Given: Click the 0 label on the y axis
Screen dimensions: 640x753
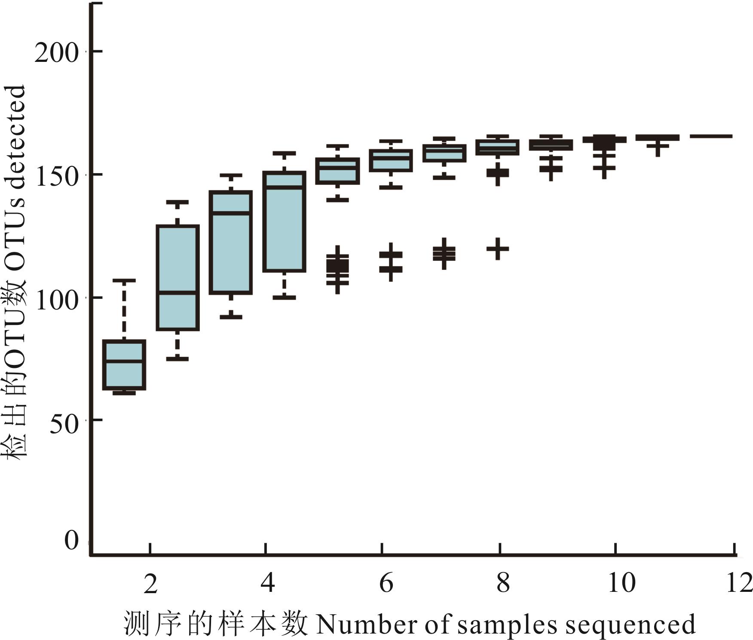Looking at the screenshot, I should tap(71, 540).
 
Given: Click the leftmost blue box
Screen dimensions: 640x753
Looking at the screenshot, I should tap(124, 365).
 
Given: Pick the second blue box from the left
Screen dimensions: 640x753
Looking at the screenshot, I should tap(178, 278).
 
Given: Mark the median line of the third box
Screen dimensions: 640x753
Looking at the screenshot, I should tap(231, 213).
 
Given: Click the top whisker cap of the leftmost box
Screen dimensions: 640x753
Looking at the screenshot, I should tap(124, 281).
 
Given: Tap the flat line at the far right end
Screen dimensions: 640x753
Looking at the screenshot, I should tap(711, 136).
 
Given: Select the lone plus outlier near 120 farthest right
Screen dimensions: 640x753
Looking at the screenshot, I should tap(498, 249).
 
